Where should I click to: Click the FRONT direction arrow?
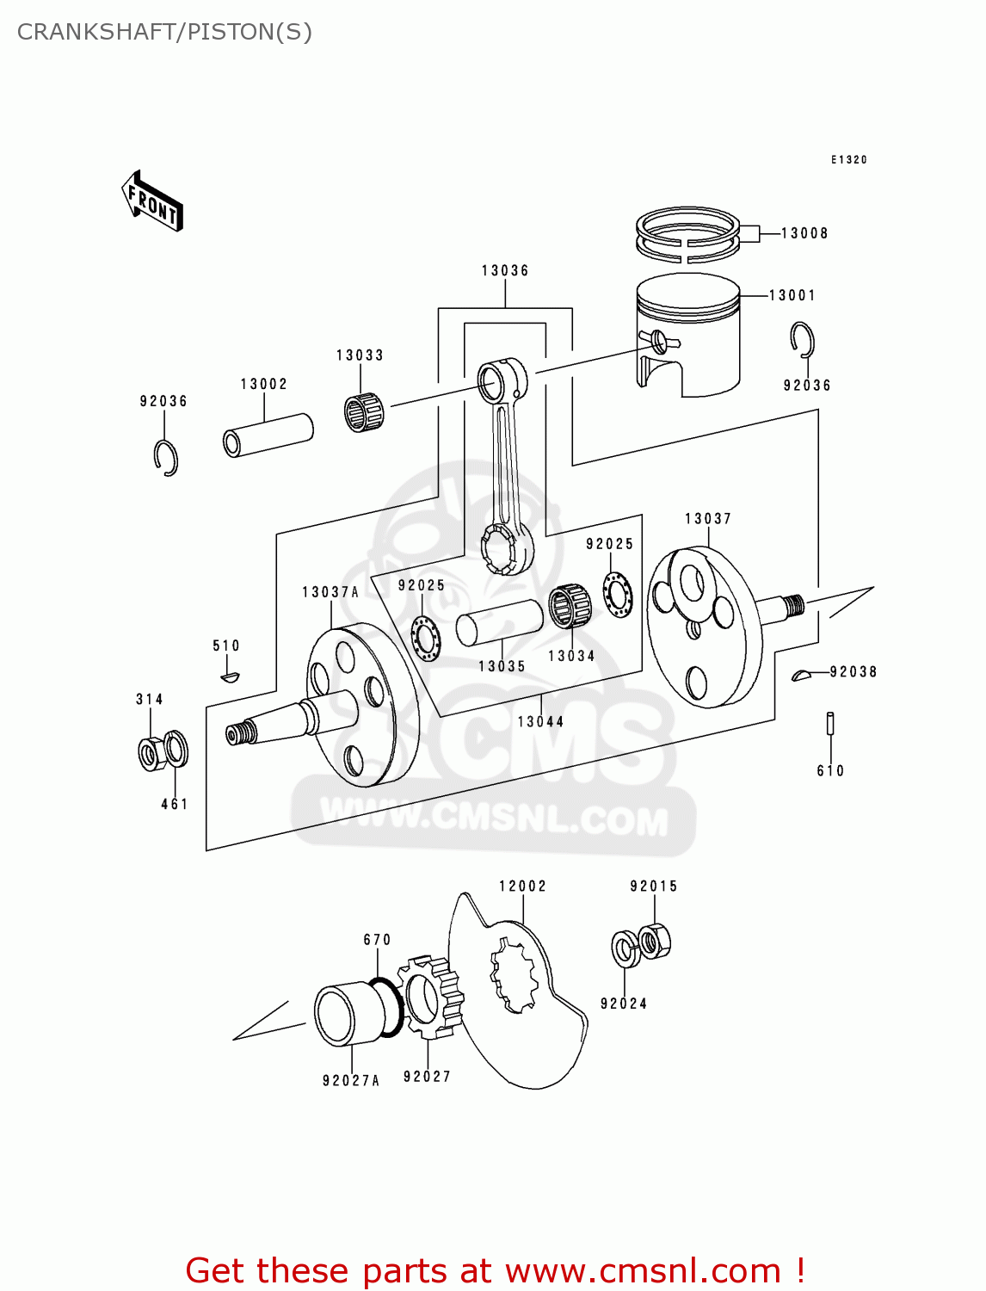(153, 201)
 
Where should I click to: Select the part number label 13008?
(804, 233)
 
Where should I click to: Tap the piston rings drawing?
(687, 234)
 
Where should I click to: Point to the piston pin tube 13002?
(268, 435)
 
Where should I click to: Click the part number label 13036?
(505, 270)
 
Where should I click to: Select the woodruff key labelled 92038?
(802, 675)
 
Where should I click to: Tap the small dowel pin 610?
(830, 723)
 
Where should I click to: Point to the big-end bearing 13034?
(570, 607)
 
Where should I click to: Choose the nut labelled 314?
(152, 753)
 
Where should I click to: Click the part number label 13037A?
(330, 592)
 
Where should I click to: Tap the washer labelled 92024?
(624, 948)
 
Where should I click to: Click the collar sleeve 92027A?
(348, 1016)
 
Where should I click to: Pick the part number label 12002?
(523, 886)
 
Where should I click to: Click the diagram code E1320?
(849, 160)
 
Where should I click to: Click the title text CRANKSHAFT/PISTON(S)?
(164, 32)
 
